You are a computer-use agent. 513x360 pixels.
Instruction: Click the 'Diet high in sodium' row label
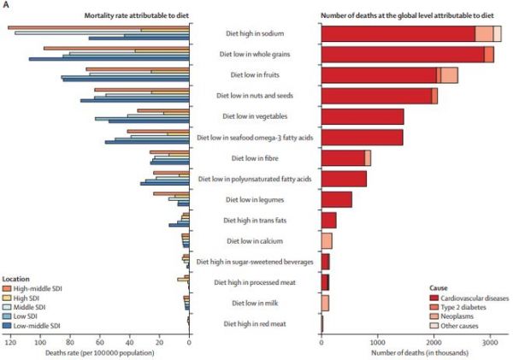tap(255, 33)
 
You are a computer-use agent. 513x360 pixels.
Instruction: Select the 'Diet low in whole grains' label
tap(255, 54)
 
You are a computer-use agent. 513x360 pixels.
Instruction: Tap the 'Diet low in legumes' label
tap(255, 199)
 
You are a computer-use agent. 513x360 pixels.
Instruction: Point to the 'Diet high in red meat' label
tap(255, 324)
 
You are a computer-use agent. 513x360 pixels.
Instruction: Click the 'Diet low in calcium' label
tap(255, 241)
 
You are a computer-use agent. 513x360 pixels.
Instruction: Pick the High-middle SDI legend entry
tap(32, 289)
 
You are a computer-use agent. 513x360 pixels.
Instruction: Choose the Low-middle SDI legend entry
tap(31, 326)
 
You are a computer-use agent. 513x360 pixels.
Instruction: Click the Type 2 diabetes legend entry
tap(457, 307)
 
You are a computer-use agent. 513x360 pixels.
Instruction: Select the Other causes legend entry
tap(454, 326)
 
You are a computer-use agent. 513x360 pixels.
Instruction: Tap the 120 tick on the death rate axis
tap(11, 343)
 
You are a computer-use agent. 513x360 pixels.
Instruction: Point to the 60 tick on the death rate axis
tap(100, 343)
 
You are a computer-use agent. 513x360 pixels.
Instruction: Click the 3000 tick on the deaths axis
tap(490, 343)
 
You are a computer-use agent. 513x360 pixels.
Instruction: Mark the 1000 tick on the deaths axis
tap(378, 343)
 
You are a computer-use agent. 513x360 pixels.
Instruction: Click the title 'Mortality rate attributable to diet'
tap(137, 15)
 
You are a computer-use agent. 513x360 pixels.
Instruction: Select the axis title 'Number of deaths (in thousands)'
tap(420, 353)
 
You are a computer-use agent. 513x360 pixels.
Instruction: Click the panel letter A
tap(5, 5)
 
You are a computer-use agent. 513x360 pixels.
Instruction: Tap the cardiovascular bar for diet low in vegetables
tap(363, 116)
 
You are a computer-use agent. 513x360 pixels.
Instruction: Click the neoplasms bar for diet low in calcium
tap(327, 241)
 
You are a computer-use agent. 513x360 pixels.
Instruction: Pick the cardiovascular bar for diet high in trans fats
tap(329, 221)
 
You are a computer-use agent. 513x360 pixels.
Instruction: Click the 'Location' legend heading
tap(15, 279)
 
